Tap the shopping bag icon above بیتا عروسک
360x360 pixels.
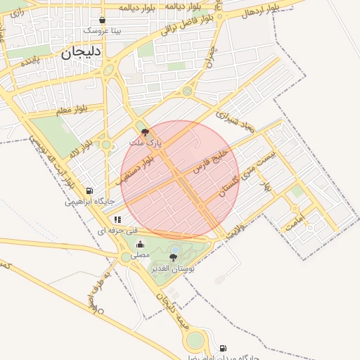click(x=103, y=20)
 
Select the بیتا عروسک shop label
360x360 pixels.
click(x=103, y=31)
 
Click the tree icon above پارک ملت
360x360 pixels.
click(x=145, y=131)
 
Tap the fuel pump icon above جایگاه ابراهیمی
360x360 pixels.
click(x=90, y=191)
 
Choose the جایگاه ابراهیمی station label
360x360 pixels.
click(x=90, y=201)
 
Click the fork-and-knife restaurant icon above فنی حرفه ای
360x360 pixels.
click(x=117, y=219)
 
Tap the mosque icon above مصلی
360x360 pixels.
click(x=140, y=245)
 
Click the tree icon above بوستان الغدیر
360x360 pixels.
click(x=174, y=257)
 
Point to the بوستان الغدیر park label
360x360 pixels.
click(x=173, y=269)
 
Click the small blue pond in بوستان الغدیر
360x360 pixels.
click(x=174, y=250)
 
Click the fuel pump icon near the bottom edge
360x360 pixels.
click(x=224, y=348)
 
